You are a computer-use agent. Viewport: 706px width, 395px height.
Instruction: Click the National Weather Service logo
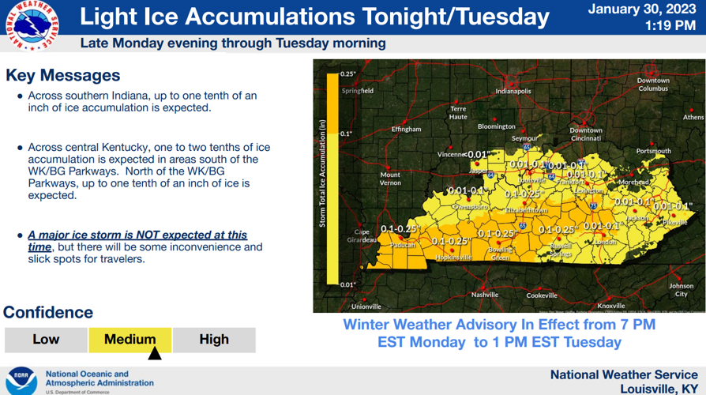click(32, 25)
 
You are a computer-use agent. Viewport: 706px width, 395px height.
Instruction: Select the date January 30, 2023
click(642, 10)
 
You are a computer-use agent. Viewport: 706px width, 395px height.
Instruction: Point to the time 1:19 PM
click(670, 26)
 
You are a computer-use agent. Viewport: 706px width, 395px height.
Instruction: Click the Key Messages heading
click(63, 76)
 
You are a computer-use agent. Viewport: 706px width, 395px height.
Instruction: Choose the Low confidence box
click(46, 340)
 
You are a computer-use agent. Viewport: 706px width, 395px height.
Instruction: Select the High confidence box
click(214, 340)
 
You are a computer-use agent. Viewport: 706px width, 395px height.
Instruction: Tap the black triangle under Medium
click(155, 353)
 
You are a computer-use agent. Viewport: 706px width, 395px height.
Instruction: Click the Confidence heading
click(48, 312)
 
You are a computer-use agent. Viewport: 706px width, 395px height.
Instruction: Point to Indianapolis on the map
click(513, 91)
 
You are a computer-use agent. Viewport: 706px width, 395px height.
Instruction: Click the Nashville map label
click(485, 295)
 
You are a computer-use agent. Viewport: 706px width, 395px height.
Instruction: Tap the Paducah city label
click(402, 245)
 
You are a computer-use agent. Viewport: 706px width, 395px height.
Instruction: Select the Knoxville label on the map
click(611, 306)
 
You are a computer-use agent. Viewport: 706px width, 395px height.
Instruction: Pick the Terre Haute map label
click(458, 113)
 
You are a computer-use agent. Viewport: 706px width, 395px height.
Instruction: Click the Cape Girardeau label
click(361, 235)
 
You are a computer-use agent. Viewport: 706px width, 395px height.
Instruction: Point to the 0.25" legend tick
click(347, 73)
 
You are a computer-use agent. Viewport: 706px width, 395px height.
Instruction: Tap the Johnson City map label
click(681, 290)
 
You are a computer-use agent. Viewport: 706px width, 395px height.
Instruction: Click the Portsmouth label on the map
click(653, 151)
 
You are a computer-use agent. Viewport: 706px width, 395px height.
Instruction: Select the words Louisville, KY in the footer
click(659, 388)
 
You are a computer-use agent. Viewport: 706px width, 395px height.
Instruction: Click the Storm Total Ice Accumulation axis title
click(322, 174)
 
